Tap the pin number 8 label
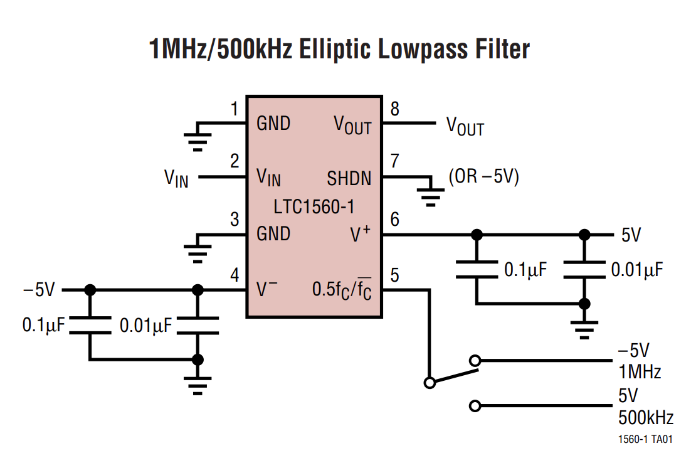[394, 109]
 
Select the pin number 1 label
[235, 110]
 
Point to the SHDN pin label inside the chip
[349, 179]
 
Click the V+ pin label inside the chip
[360, 234]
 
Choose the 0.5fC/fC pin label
[342, 290]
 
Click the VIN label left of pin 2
[176, 179]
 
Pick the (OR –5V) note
[483, 177]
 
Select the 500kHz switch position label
[645, 417]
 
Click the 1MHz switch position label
[640, 372]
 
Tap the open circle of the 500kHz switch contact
[475, 406]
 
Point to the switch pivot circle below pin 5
[430, 382]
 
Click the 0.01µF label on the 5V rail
[636, 270]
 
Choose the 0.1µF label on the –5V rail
[43, 325]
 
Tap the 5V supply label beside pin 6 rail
[631, 235]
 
